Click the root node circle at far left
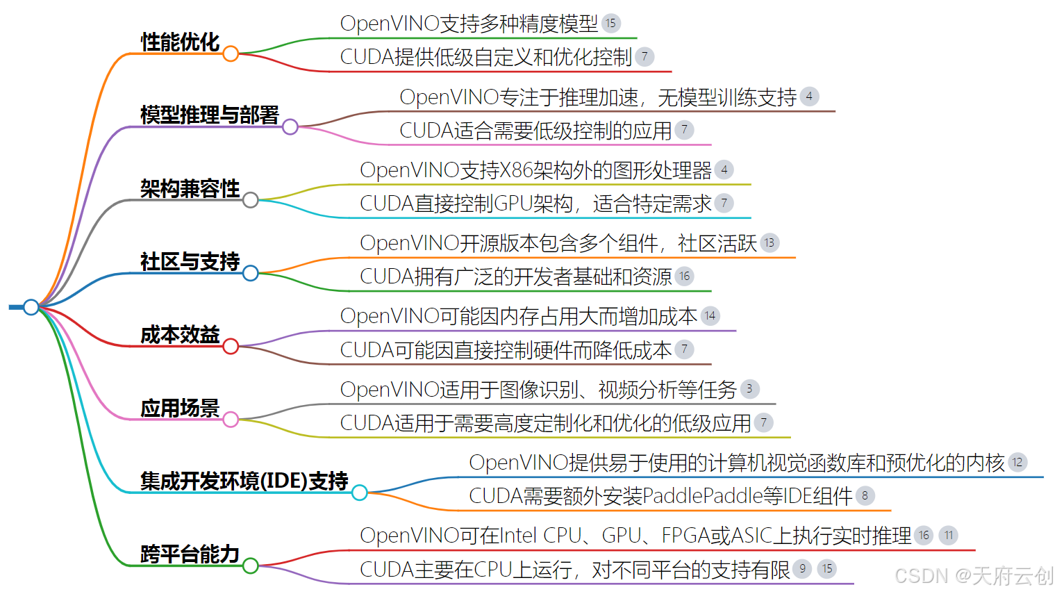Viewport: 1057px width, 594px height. click(31, 306)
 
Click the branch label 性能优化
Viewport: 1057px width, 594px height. click(180, 42)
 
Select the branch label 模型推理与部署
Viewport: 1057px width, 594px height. click(209, 115)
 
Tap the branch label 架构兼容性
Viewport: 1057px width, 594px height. click(190, 188)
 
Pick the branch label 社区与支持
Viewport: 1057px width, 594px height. click(190, 262)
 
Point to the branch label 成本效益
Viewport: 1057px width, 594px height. click(180, 335)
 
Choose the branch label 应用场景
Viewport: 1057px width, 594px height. click(180, 408)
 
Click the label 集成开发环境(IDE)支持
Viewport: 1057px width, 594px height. click(244, 481)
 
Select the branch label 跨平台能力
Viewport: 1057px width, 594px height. click(190, 554)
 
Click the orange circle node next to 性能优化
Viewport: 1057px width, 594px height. click(231, 53)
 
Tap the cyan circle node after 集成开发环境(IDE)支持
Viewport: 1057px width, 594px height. click(359, 493)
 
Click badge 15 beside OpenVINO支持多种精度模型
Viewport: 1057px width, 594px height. click(610, 23)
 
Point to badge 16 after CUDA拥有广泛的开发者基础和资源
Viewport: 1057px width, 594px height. click(684, 277)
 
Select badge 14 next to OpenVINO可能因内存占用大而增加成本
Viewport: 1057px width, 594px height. click(710, 316)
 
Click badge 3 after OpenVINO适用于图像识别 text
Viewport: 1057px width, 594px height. click(749, 389)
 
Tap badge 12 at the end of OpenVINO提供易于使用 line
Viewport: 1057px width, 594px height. click(1017, 462)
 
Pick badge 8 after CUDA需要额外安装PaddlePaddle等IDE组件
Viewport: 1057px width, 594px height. click(865, 495)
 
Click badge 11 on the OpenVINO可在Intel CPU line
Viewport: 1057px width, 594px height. click(949, 535)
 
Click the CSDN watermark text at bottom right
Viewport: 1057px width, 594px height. click(974, 576)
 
